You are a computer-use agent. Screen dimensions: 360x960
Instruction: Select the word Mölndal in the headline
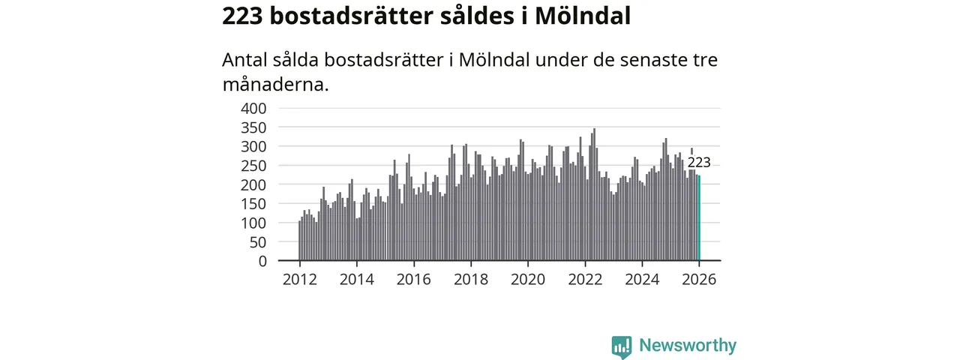pyautogui.click(x=582, y=16)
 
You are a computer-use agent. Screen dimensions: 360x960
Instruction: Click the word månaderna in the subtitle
pyautogui.click(x=275, y=84)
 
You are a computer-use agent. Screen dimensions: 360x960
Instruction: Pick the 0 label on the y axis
pyautogui.click(x=262, y=261)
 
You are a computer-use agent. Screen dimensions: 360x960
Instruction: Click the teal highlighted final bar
pyautogui.click(x=699, y=217)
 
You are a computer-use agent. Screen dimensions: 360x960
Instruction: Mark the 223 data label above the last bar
pyautogui.click(x=699, y=163)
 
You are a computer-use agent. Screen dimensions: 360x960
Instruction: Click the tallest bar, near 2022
pyautogui.click(x=594, y=195)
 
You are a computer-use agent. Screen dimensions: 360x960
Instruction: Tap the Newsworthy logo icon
pyautogui.click(x=621, y=346)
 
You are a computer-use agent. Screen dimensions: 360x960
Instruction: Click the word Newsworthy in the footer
pyautogui.click(x=688, y=346)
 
